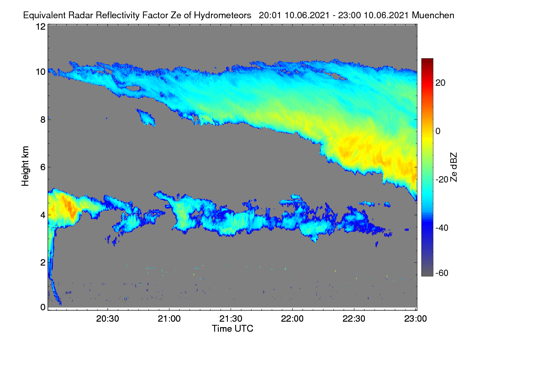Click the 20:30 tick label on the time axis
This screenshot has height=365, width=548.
pos(107,318)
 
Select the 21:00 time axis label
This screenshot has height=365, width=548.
pos(169,318)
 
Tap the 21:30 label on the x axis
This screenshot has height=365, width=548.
pos(231,318)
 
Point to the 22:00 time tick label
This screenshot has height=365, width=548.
pos(292,318)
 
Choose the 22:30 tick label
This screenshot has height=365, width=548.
pos(354,318)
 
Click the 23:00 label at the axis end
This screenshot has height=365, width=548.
pos(416,318)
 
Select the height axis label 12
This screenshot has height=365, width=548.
pos(41,26)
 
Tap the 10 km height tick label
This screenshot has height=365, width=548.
pos(41,72)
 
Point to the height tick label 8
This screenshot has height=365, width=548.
pos(43,120)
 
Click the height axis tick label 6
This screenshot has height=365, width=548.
pos(43,167)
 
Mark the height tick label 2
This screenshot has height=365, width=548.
pos(43,262)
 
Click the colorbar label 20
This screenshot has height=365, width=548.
pos(440,83)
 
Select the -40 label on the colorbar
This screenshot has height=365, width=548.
pos(442,228)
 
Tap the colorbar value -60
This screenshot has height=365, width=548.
pos(442,273)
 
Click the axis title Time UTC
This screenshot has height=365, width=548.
pos(232,328)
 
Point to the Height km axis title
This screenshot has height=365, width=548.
pos(25,166)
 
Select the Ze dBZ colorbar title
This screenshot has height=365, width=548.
pos(453,167)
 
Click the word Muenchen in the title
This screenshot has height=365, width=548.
pos(433,15)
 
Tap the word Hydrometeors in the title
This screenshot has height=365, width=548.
pos(223,16)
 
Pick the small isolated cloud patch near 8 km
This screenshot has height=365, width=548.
pos(146,118)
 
